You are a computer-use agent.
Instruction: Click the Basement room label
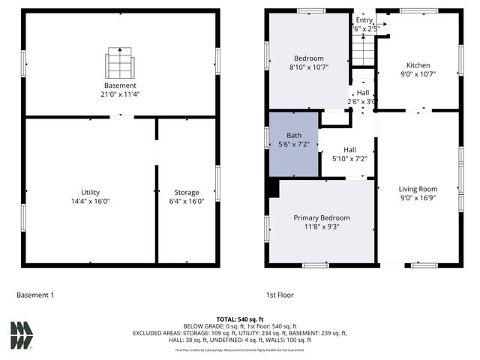point(121,85)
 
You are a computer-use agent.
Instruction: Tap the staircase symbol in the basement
point(121,63)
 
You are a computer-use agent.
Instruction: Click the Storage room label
point(187,193)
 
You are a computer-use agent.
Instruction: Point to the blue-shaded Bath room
point(293,144)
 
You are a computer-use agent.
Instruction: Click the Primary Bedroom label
point(321,217)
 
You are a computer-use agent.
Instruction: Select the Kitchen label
point(418,65)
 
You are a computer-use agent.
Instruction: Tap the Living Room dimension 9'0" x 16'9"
point(418,199)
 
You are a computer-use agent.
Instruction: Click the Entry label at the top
point(364,20)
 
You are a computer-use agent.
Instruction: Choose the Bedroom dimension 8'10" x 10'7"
point(308,67)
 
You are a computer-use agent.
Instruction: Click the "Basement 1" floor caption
point(35,295)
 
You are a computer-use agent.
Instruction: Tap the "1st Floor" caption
point(279,295)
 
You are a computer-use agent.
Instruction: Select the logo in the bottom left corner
point(22,334)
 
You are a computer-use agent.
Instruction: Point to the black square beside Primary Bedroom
point(273,188)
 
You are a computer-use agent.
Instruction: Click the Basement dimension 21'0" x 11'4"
point(121,94)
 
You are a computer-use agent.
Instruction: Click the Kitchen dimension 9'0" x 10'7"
point(418,74)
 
